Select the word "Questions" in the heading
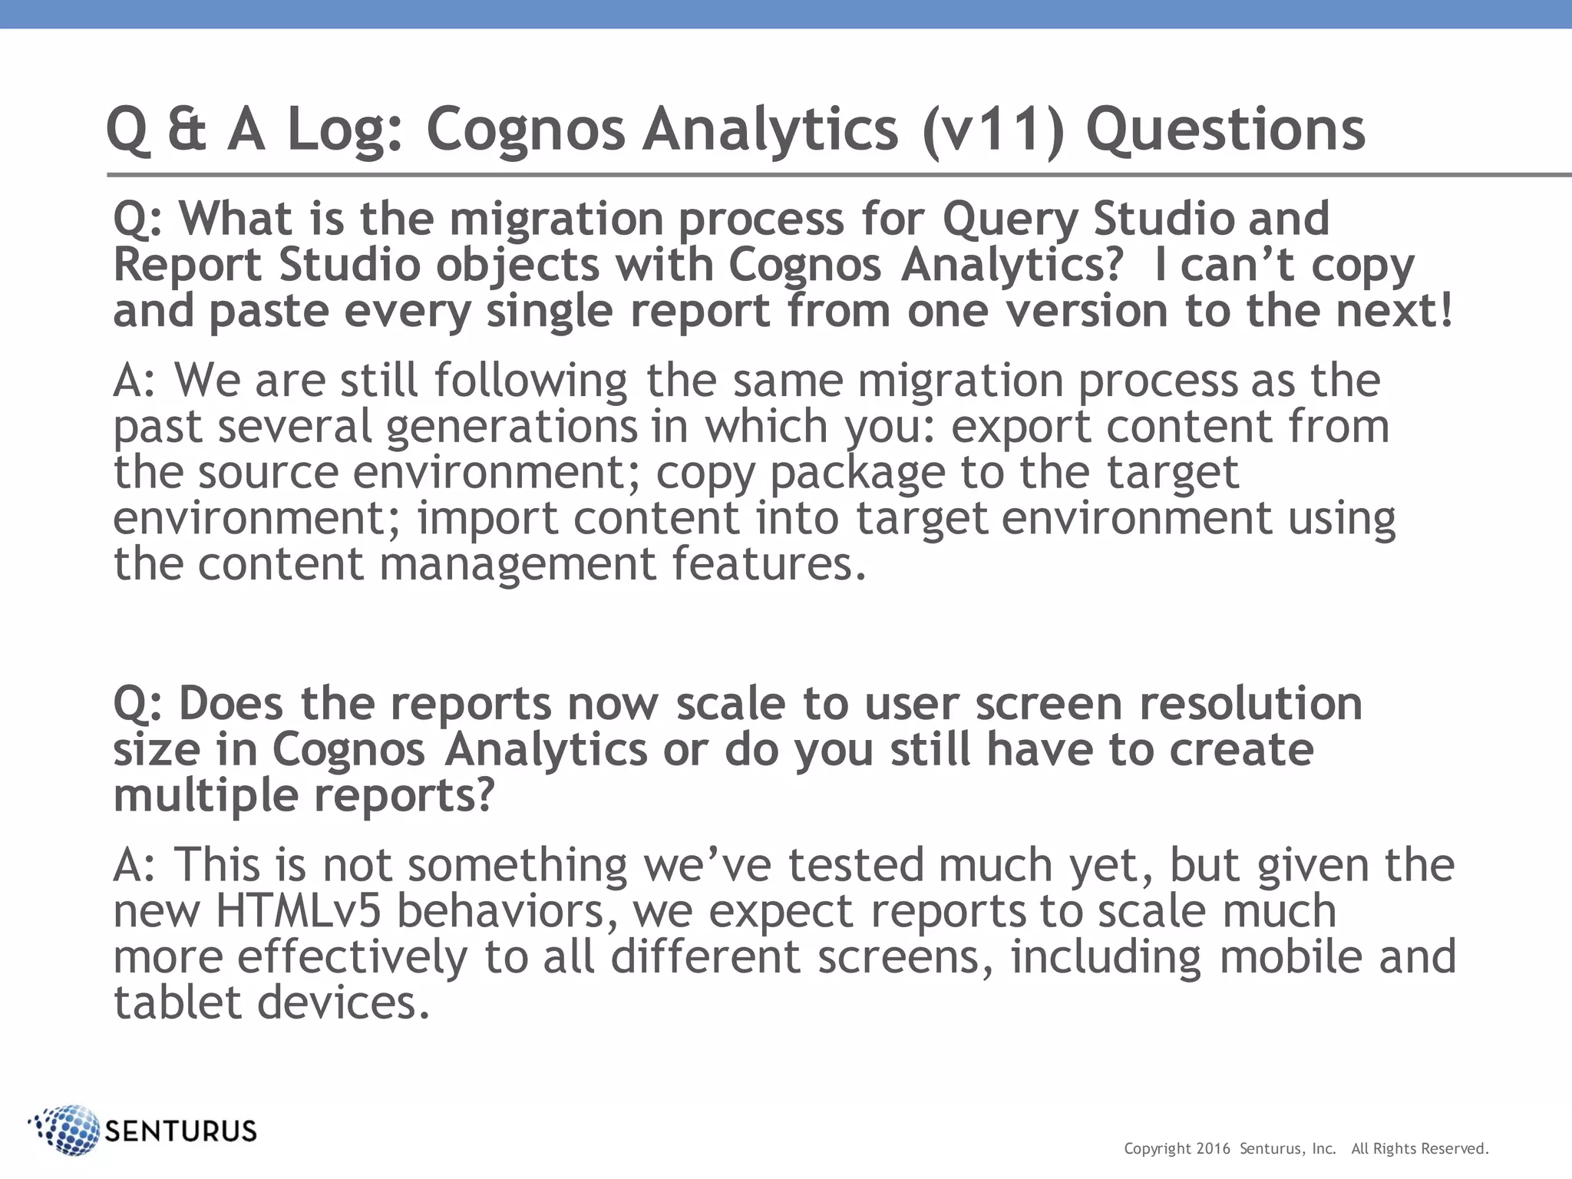click(1225, 130)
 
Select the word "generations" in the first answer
click(511, 428)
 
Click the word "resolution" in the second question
click(1250, 703)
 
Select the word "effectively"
click(352, 957)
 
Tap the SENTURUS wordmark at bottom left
click(180, 1131)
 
